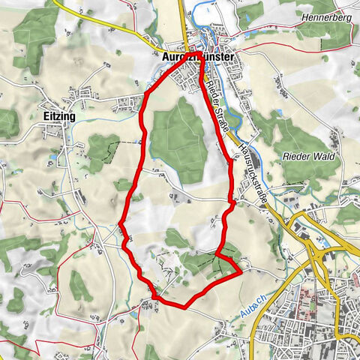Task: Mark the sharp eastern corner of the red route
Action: click(x=242, y=273)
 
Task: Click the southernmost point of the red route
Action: click(x=184, y=307)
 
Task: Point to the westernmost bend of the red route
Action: click(x=120, y=223)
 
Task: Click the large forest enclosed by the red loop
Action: click(x=180, y=139)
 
